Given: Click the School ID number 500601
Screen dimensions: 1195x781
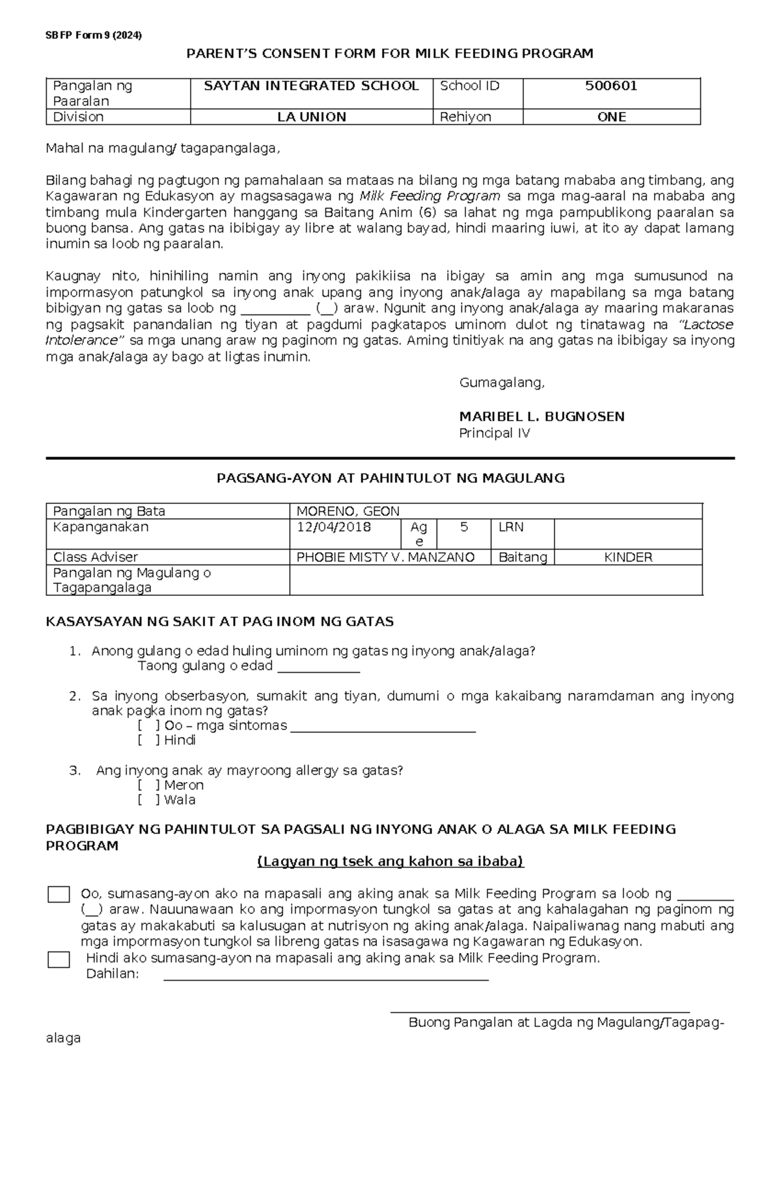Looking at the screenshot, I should tap(610, 86).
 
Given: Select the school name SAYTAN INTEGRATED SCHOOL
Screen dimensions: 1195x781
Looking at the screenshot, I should tap(311, 86).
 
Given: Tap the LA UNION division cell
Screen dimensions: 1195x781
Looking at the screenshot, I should tap(311, 117).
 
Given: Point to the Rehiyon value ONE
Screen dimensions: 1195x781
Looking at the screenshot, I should tap(611, 117).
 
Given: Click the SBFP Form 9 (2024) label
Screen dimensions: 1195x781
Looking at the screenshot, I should tap(93, 36).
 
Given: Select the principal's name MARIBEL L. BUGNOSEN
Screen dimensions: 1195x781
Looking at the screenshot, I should tap(541, 417).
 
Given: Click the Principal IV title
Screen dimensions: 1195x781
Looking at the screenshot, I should tap(494, 433).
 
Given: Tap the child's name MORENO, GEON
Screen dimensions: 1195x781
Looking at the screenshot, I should tap(348, 511).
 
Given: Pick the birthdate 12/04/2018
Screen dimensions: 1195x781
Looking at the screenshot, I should tap(334, 527).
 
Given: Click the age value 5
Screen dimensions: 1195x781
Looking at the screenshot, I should tap(463, 527).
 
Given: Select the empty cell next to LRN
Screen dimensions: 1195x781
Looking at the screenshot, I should tap(627, 534).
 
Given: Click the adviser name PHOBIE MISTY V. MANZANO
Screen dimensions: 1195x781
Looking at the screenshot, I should tap(385, 557).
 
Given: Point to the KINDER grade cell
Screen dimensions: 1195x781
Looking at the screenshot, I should tap(627, 557).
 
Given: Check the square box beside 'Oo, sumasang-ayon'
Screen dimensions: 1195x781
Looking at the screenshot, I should tap(59, 895).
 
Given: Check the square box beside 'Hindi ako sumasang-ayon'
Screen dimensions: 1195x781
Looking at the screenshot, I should tap(59, 959).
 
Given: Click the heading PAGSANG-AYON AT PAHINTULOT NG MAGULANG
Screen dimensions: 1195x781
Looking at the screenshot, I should tap(390, 479).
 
